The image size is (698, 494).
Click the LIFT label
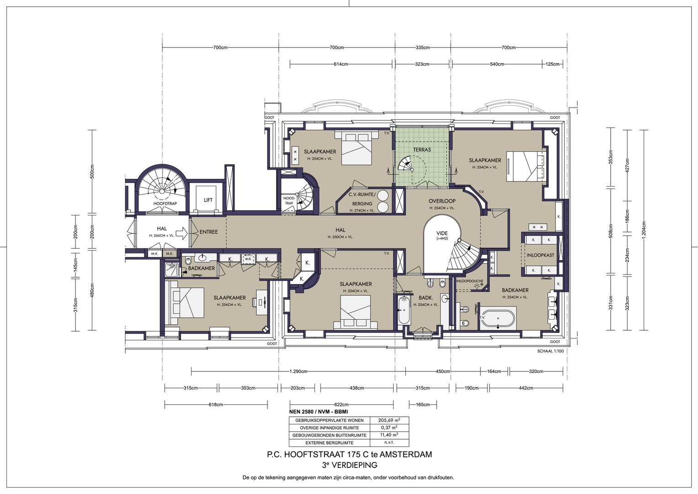[208, 200]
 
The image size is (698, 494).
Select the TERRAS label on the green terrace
[421, 150]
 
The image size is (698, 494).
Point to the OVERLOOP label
[442, 201]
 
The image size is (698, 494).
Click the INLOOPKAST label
[540, 255]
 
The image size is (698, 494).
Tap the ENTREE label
[208, 232]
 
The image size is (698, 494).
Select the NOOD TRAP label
[289, 201]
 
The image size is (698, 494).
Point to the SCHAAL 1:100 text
[551, 351]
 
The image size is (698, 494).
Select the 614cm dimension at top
[341, 64]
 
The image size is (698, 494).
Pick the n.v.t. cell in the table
[389, 443]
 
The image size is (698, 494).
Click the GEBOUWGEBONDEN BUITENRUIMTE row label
[329, 435]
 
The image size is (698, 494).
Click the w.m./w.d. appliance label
[248, 257]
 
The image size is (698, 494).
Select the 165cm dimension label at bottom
[423, 404]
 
